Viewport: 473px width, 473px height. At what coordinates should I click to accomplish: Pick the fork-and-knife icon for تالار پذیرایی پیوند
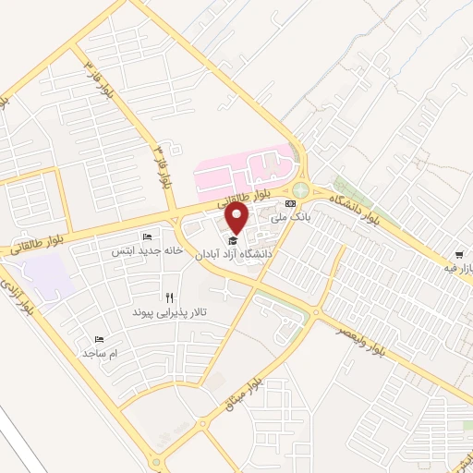168,297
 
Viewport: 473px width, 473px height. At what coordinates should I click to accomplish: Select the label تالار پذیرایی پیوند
166,312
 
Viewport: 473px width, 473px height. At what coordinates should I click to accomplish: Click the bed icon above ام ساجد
100,340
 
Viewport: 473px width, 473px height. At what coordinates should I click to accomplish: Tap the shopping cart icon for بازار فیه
459,255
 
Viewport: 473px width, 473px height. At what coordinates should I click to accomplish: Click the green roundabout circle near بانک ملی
301,189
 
